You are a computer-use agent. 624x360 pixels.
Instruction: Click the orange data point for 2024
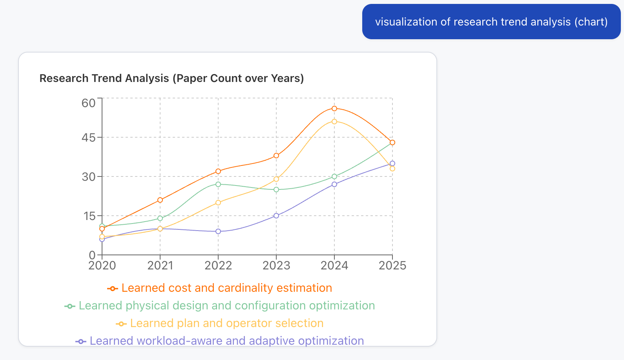(334, 109)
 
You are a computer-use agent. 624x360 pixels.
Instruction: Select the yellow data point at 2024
(334, 122)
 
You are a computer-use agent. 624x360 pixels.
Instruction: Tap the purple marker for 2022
(218, 231)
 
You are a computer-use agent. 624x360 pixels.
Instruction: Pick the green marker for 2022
(218, 184)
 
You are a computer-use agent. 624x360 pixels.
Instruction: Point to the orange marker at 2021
(160, 200)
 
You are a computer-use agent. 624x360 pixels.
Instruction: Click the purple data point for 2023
(276, 216)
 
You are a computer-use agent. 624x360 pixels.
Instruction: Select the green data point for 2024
(334, 176)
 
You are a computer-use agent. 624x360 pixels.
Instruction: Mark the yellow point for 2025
(392, 169)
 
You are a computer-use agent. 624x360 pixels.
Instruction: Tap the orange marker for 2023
(276, 156)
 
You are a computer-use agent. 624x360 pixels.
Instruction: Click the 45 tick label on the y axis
(89, 138)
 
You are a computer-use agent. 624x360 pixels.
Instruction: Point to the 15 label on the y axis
(89, 216)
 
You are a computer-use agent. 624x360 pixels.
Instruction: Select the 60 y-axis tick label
(89, 103)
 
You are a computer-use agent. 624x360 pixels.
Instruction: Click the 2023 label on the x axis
(276, 266)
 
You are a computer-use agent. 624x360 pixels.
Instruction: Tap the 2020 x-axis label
(102, 266)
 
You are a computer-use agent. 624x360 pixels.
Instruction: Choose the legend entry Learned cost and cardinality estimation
(226, 288)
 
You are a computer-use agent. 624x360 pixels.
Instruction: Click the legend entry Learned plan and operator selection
(226, 324)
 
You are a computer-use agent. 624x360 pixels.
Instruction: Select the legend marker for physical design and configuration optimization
(70, 306)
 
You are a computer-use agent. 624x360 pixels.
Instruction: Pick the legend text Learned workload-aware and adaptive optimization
(226, 341)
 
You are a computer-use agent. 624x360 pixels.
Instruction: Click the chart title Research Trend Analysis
(172, 78)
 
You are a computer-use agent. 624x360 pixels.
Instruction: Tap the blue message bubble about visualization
(491, 22)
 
